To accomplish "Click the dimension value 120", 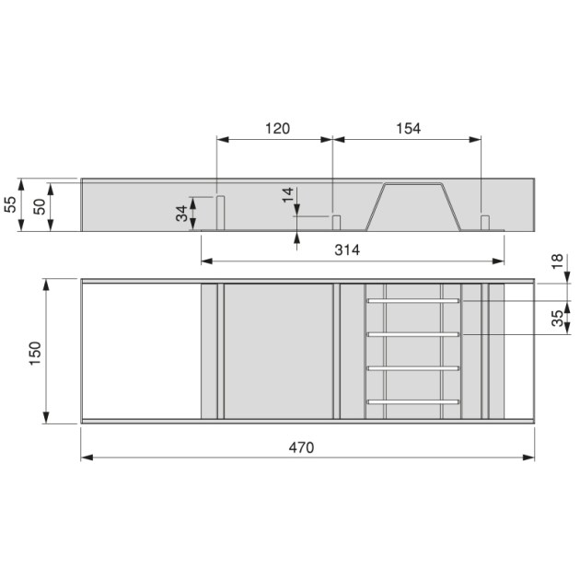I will pos(276,129).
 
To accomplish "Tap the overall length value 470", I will pos(301,447).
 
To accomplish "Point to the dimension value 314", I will pos(346,250).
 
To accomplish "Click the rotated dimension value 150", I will pos(34,353).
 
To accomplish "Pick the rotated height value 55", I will pos(11,204).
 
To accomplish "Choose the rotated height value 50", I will pos(39,205).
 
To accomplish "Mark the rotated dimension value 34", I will pos(182,213).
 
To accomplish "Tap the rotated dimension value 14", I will pos(288,195).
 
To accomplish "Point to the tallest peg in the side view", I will pos(221,213).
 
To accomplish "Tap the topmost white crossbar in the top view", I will pos(412,300).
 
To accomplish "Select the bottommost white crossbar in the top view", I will pos(412,402).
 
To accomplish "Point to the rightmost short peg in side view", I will pos(484,222).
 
